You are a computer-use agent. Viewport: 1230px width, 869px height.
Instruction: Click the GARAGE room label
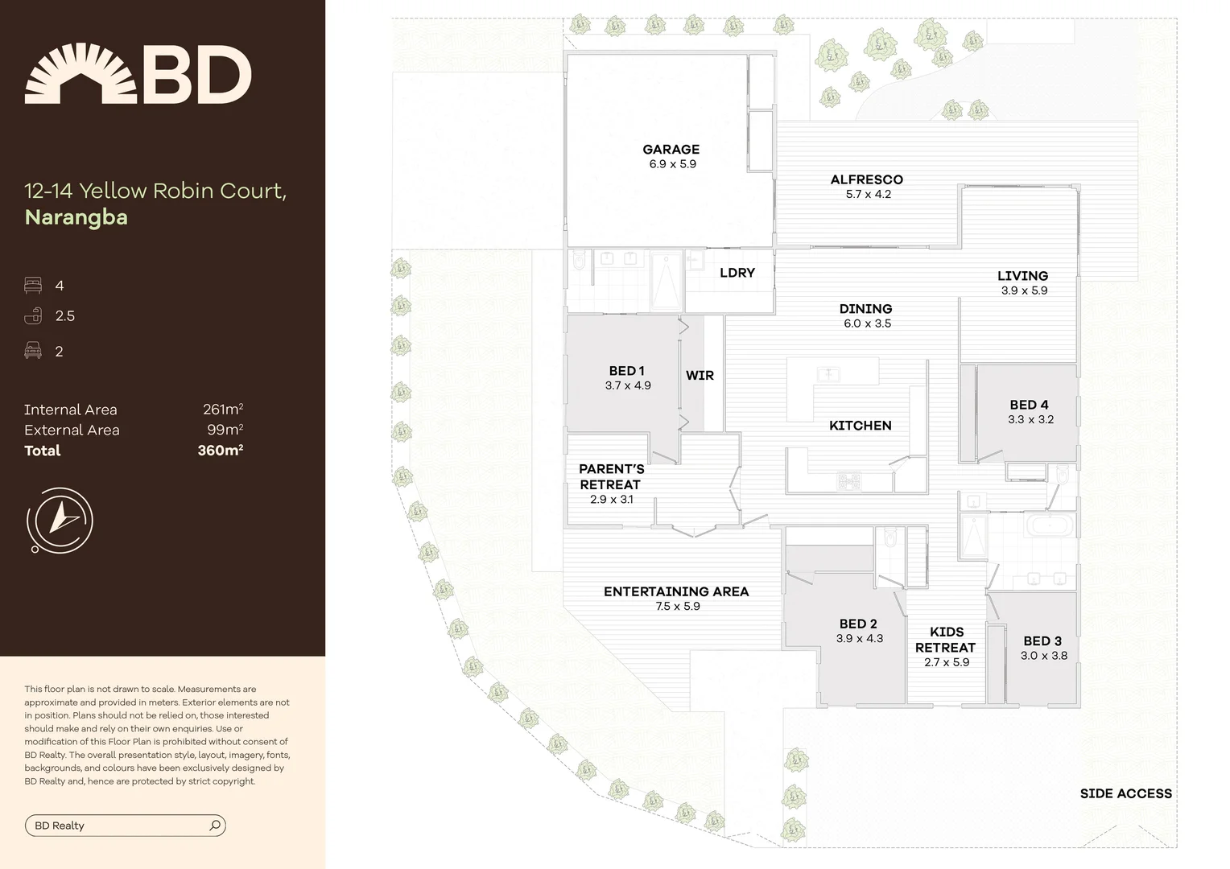pos(671,149)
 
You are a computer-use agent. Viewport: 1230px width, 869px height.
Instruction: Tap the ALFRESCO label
pos(866,179)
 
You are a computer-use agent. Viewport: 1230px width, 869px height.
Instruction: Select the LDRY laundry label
pos(737,273)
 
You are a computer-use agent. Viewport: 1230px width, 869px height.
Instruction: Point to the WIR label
pos(700,375)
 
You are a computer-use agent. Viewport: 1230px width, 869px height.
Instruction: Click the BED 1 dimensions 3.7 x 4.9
pos(628,385)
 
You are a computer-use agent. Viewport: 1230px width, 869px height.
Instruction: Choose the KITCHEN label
pos(860,426)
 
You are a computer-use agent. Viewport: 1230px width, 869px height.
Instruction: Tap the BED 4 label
pos(1029,405)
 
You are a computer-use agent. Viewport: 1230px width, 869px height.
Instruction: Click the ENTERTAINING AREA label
pos(676,591)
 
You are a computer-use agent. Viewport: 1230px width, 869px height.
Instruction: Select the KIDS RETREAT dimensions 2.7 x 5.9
pos(947,662)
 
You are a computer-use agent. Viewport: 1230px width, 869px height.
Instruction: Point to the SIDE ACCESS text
pos(1125,793)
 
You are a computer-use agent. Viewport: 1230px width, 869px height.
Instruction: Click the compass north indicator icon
pos(60,520)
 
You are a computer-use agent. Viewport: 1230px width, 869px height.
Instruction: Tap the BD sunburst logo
pos(81,74)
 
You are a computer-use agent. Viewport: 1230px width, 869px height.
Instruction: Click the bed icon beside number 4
pos(33,286)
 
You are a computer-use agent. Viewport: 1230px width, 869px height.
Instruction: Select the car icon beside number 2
pos(33,351)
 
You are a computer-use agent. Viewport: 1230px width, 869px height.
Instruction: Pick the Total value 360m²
pos(220,451)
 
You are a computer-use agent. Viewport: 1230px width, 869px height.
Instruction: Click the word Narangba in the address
pos(76,217)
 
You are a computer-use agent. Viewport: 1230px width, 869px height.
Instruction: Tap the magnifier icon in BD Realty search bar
pos(215,826)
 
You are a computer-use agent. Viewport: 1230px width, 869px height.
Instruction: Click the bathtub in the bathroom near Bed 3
pos(1049,527)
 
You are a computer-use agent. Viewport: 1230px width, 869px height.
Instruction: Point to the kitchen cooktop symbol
pos(849,483)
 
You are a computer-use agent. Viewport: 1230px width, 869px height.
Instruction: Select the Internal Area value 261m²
pos(222,410)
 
